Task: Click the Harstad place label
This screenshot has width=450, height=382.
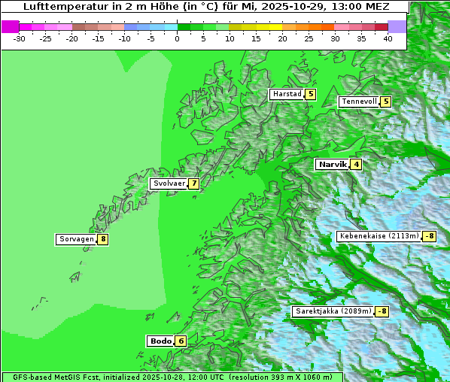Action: tap(287, 94)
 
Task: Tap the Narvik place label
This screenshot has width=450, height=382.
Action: tap(332, 164)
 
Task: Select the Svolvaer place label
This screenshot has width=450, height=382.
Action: tap(169, 183)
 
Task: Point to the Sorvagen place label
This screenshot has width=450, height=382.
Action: tap(76, 239)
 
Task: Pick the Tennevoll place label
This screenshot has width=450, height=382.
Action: tap(358, 102)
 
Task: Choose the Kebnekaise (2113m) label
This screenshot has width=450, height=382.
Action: tap(379, 236)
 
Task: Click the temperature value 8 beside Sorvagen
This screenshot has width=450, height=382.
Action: tap(102, 239)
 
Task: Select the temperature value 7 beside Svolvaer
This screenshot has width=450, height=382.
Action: tap(193, 183)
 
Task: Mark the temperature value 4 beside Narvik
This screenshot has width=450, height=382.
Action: tap(356, 164)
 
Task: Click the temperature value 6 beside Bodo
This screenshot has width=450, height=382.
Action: tap(181, 341)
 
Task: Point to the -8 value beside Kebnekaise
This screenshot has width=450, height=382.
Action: tap(430, 236)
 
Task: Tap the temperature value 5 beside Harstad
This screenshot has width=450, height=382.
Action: tap(310, 94)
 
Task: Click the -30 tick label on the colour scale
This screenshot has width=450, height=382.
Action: tap(20, 38)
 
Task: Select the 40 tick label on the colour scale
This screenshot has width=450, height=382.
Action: tap(388, 38)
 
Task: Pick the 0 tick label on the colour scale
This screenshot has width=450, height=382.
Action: tap(178, 38)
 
